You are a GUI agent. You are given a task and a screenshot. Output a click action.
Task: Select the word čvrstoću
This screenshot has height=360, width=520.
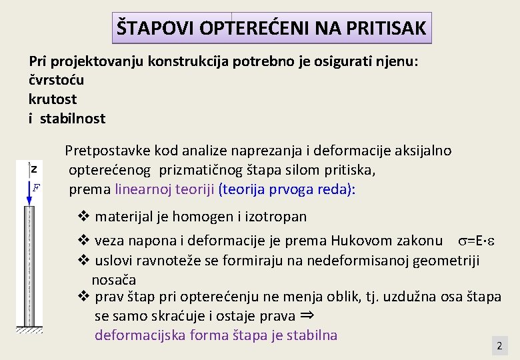tap(57, 80)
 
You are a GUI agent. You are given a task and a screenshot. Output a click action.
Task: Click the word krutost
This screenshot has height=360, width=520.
tap(53, 99)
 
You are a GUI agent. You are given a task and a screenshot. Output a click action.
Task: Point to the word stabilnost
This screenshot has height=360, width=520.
tap(72, 119)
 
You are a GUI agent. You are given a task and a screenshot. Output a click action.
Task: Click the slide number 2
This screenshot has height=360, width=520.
tap(499, 347)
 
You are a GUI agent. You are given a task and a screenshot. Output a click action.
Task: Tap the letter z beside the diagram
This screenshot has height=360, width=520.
tap(33, 170)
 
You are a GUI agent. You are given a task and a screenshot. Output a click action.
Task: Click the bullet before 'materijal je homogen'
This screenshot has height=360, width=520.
tap(84, 216)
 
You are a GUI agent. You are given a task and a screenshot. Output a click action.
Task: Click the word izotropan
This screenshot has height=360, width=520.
tap(277, 217)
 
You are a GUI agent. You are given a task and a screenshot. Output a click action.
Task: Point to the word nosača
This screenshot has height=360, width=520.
tap(114, 279)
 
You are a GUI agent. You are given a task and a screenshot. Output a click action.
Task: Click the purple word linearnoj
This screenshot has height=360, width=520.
tap(144, 189)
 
